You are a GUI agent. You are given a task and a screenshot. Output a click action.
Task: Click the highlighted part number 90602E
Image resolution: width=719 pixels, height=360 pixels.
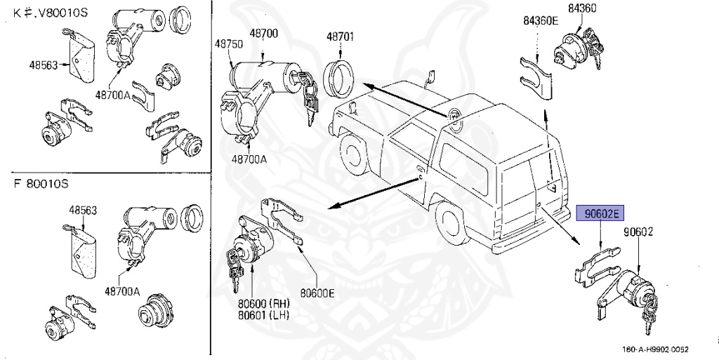(x=600, y=213)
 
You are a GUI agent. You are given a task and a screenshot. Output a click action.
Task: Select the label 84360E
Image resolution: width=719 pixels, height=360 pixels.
(x=541, y=20)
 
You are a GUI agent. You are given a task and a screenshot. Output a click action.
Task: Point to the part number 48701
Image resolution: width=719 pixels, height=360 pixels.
(x=340, y=37)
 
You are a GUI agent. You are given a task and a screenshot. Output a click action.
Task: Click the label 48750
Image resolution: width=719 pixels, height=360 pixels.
(x=229, y=44)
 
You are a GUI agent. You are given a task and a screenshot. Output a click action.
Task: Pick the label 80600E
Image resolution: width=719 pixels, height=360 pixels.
(x=317, y=292)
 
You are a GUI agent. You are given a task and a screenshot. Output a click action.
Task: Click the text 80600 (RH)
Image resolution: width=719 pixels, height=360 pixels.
(x=264, y=303)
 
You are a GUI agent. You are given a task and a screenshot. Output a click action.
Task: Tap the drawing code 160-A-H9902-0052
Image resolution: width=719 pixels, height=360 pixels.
(x=655, y=349)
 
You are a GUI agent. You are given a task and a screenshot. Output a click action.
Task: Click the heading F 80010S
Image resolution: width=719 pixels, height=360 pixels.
(x=41, y=184)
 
